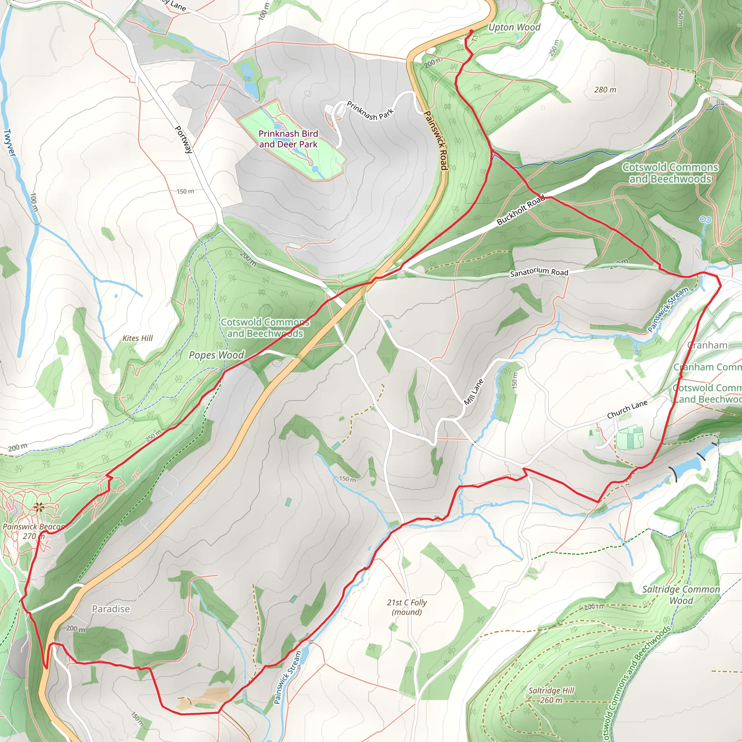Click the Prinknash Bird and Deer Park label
288,139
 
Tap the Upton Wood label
514,27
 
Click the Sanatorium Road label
539,272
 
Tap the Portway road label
184,139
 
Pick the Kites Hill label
137,338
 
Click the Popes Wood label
216,355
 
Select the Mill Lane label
474,392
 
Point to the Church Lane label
627,409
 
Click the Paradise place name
111,609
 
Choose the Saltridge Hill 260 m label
551,695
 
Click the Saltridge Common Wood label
681,595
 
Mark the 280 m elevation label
605,90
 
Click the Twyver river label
10,143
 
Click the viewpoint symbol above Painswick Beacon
39,508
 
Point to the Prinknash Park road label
370,111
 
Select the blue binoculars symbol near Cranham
705,220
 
